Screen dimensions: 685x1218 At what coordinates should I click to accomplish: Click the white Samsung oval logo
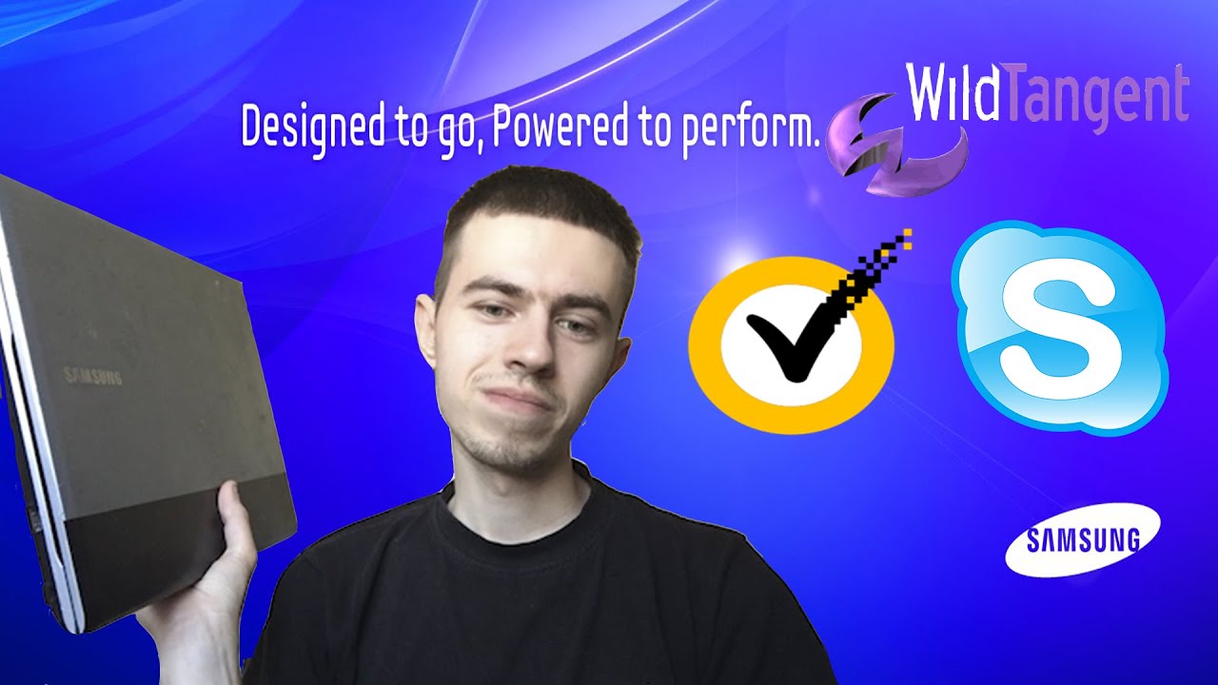1083,540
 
